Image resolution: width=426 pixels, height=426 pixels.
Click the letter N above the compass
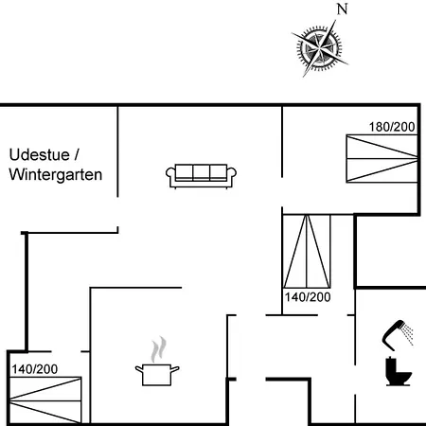342,9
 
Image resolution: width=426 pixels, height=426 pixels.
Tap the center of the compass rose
320,48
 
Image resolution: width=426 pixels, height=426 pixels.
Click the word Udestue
40,155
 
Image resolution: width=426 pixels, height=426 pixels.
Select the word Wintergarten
56,174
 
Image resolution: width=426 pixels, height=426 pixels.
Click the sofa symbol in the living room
201,176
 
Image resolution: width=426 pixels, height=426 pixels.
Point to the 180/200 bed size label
392,127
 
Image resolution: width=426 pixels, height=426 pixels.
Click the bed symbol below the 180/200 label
382,159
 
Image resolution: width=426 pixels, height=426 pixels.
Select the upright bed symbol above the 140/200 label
307,252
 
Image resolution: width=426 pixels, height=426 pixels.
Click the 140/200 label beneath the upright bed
308,297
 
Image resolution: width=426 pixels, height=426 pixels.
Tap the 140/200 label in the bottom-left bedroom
35,369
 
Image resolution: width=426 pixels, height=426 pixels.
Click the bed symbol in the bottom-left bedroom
45,400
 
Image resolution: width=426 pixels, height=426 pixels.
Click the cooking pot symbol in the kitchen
157,374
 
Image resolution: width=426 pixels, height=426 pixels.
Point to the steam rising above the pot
158,349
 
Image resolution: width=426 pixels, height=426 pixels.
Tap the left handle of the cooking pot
139,369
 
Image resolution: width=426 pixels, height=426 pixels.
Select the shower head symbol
392,334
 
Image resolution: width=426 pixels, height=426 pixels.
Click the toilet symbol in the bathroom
399,371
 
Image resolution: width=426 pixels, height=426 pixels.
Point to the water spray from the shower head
408,334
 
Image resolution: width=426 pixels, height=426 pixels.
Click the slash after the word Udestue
76,155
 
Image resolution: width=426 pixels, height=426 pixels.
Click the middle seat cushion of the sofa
201,172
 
